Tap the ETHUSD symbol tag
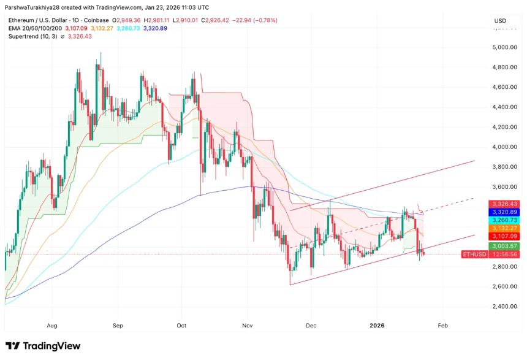pos(473,254)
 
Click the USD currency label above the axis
pos(500,21)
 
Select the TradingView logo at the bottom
pos(43,346)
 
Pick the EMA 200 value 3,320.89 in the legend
pos(155,28)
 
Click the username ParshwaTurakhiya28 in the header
pos(38,7)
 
